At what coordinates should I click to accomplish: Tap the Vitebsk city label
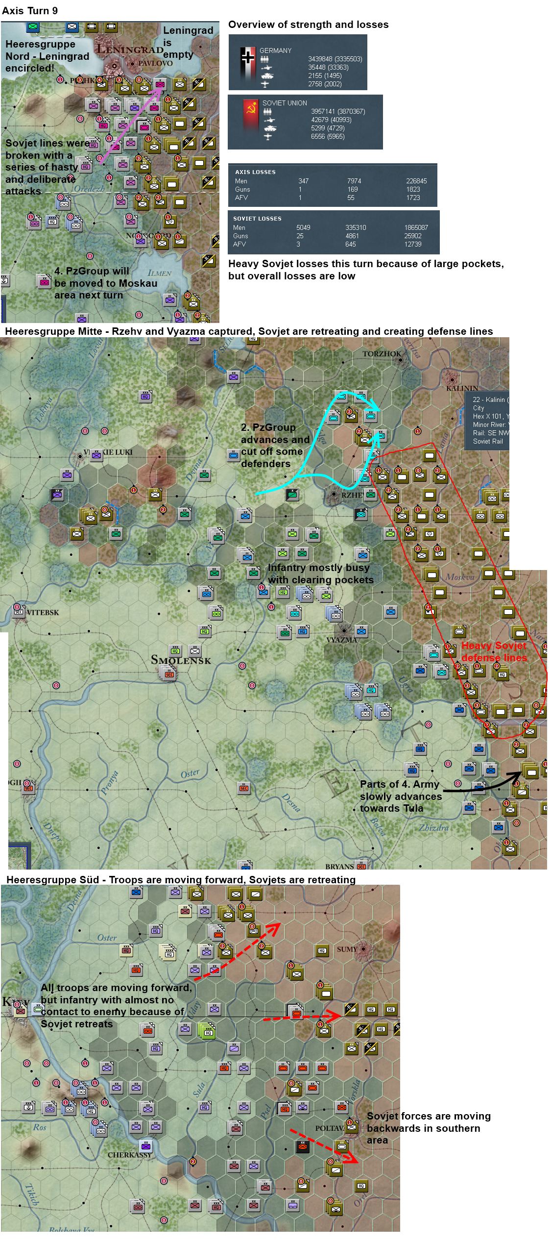[43, 612]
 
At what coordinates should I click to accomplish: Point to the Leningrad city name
[130, 49]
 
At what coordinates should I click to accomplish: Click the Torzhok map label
[382, 353]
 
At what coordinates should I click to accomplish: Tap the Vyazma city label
[341, 640]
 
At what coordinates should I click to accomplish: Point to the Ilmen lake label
[159, 273]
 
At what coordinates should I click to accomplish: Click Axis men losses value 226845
[416, 181]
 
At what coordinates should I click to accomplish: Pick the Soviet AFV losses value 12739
[413, 244]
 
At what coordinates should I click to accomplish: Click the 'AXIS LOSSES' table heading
[255, 172]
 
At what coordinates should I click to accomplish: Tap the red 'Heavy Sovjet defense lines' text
[494, 651]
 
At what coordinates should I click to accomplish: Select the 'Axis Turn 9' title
[30, 11]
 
